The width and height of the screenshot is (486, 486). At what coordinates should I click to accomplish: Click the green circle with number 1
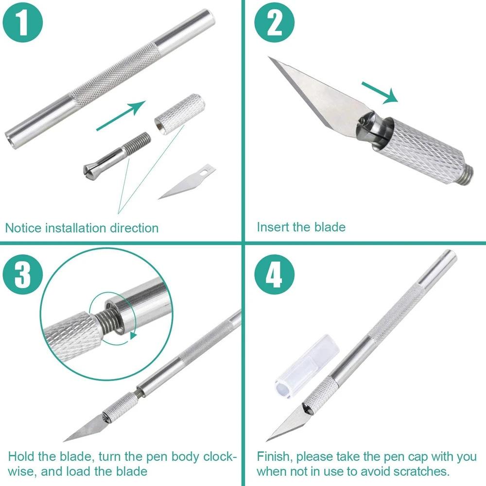[23, 24]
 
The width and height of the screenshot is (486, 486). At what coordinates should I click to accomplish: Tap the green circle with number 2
[275, 24]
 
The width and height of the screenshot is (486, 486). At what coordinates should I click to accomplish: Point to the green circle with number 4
[275, 276]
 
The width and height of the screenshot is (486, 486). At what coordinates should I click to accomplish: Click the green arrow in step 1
[121, 115]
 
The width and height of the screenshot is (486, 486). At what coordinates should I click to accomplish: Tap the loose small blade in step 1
[187, 182]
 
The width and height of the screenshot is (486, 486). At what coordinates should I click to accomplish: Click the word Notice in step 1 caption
[23, 227]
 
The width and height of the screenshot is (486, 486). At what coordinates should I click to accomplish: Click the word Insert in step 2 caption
[273, 226]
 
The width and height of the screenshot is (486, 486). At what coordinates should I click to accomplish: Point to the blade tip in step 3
[66, 439]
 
